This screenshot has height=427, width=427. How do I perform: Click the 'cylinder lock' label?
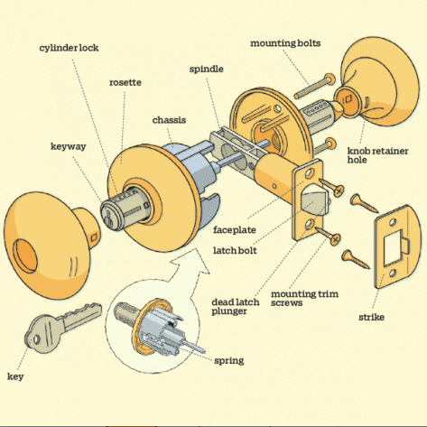pos(69,48)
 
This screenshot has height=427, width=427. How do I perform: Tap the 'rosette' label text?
pos(125,82)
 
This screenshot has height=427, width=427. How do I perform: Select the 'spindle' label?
pos(207,70)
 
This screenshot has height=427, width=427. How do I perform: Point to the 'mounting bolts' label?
pos(285,43)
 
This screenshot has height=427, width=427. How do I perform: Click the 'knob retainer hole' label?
pos(377,155)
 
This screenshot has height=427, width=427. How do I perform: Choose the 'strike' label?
pos(371,317)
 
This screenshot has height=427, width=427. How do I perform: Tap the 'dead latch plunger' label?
pos(236,306)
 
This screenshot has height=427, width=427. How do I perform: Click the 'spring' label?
pos(229,360)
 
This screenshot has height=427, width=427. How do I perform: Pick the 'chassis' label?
pos(169,120)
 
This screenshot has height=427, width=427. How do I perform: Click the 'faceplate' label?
pos(235,230)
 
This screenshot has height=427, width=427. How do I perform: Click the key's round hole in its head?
pos(37,339)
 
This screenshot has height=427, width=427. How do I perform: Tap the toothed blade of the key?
pos(82,316)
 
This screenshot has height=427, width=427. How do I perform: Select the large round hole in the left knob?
pos(25,255)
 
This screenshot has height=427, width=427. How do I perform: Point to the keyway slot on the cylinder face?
pos(107,219)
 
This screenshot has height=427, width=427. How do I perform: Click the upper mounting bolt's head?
pos(330,79)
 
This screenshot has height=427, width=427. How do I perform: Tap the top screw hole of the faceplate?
pos(309,173)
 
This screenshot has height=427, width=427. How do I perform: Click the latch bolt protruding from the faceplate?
pos(313,199)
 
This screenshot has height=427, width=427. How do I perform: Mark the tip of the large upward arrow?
pos(197,249)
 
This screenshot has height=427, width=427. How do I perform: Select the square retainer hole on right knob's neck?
pos(348,99)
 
